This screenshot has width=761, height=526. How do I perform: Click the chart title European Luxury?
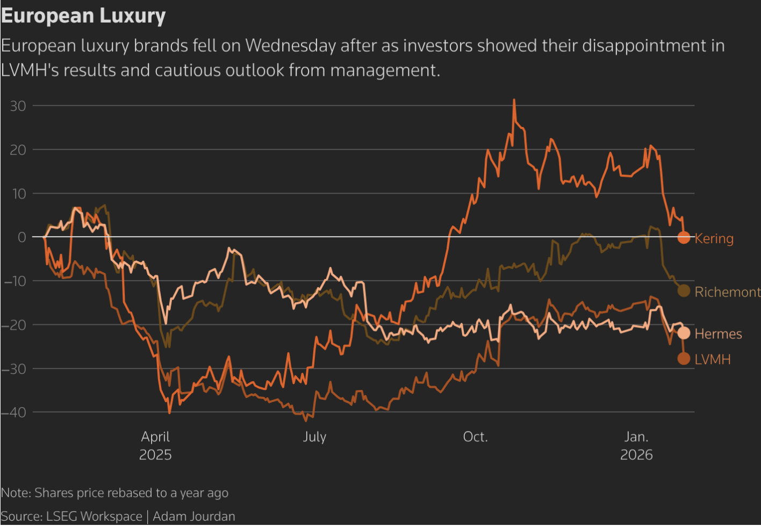pos(83,16)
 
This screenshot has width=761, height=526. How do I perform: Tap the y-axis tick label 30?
pos(18,106)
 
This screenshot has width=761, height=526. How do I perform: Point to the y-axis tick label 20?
pos(18,150)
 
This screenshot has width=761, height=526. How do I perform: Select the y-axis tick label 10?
pos(18,194)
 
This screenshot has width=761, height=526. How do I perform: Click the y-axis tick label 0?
pos(21,237)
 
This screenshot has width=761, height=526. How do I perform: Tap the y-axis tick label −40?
pos(14,413)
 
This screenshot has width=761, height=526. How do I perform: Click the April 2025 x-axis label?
pos(155,445)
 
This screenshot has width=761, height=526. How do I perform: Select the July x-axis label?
pos(314,437)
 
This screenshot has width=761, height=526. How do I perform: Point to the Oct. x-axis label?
pos(475,437)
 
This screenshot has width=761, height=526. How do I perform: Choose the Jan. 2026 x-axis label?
pos(636,445)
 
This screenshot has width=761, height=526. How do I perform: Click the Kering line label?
pos(714,238)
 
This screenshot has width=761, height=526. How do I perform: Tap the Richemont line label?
pos(727,292)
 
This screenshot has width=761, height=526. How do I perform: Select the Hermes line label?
pos(718,334)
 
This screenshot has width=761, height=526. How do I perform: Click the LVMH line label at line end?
pos(713,359)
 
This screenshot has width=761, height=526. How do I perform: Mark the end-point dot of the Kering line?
pos(684,237)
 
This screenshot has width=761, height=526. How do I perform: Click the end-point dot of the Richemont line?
pos(684,291)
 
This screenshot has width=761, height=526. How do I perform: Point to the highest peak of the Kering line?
pos(514,100)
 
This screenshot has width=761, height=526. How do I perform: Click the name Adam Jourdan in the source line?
pos(194,516)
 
